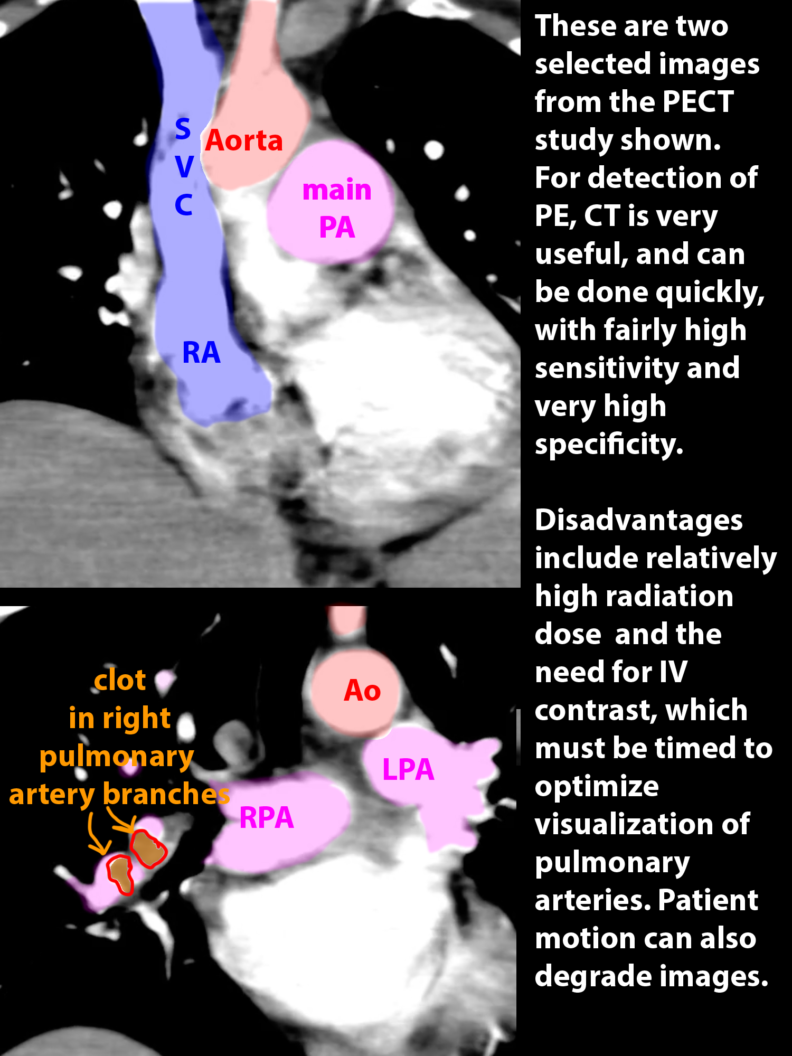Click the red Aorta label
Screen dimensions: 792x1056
point(244,140)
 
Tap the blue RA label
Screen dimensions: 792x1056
point(201,352)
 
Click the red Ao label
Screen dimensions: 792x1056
point(362,690)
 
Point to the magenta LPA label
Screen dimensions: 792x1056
point(408,769)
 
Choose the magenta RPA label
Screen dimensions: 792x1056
point(267,817)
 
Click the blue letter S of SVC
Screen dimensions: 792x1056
point(183,128)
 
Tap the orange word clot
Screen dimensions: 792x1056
point(120,680)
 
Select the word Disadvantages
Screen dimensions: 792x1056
point(639,520)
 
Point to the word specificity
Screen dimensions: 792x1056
point(609,444)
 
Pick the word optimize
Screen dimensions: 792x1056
point(597,787)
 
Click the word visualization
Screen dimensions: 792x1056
point(642,824)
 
